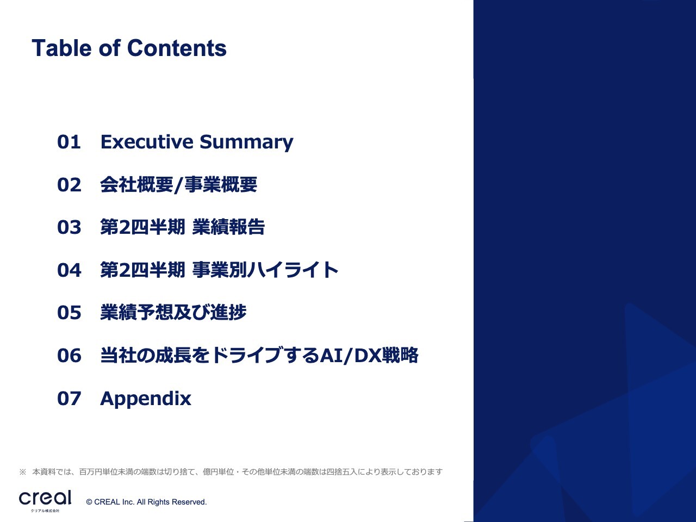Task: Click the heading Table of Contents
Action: tap(129, 48)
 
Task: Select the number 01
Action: tap(69, 142)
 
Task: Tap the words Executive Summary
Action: tap(197, 142)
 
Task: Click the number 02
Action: tap(69, 184)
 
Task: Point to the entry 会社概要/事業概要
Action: tap(178, 184)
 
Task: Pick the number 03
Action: tap(69, 227)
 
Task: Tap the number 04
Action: tap(69, 270)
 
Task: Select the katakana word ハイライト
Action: tap(292, 270)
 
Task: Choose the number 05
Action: tap(69, 313)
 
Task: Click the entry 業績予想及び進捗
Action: tap(173, 313)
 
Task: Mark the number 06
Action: tap(69, 355)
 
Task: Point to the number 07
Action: tap(69, 399)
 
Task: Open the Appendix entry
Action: tap(146, 399)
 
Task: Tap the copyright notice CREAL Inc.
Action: tap(146, 502)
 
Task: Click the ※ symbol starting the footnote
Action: tap(22, 472)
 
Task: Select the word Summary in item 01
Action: tap(246, 142)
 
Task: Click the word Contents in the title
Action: tap(177, 48)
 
